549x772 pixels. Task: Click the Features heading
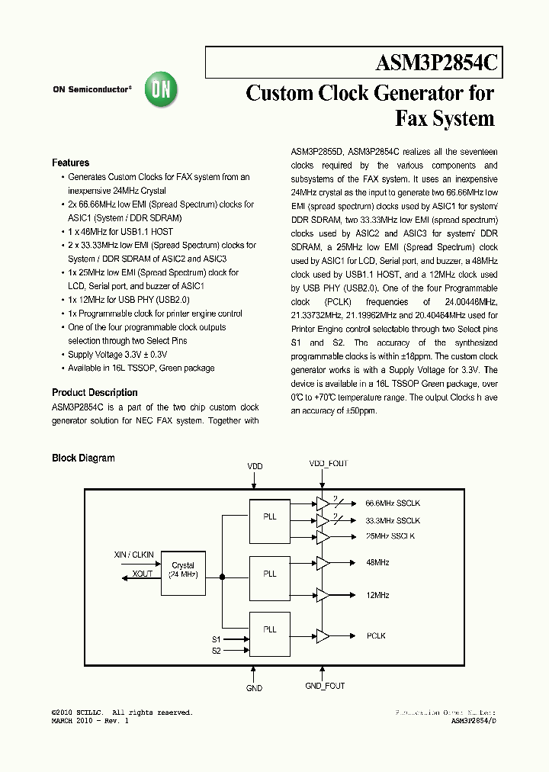coord(70,162)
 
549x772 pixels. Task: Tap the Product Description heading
coord(95,393)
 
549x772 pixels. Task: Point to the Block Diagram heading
coord(83,458)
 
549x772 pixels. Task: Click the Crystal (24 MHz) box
coord(183,569)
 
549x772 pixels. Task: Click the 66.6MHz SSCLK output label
coord(393,504)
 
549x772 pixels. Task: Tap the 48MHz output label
coord(377,563)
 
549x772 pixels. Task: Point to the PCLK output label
coord(376,635)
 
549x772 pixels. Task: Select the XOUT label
coord(143,574)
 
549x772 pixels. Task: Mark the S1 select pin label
coord(216,639)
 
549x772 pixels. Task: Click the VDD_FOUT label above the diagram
coord(328,464)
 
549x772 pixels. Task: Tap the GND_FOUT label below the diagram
coord(325,686)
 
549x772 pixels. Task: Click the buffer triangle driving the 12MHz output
coord(323,594)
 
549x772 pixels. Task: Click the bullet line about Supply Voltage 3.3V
coord(117,355)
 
